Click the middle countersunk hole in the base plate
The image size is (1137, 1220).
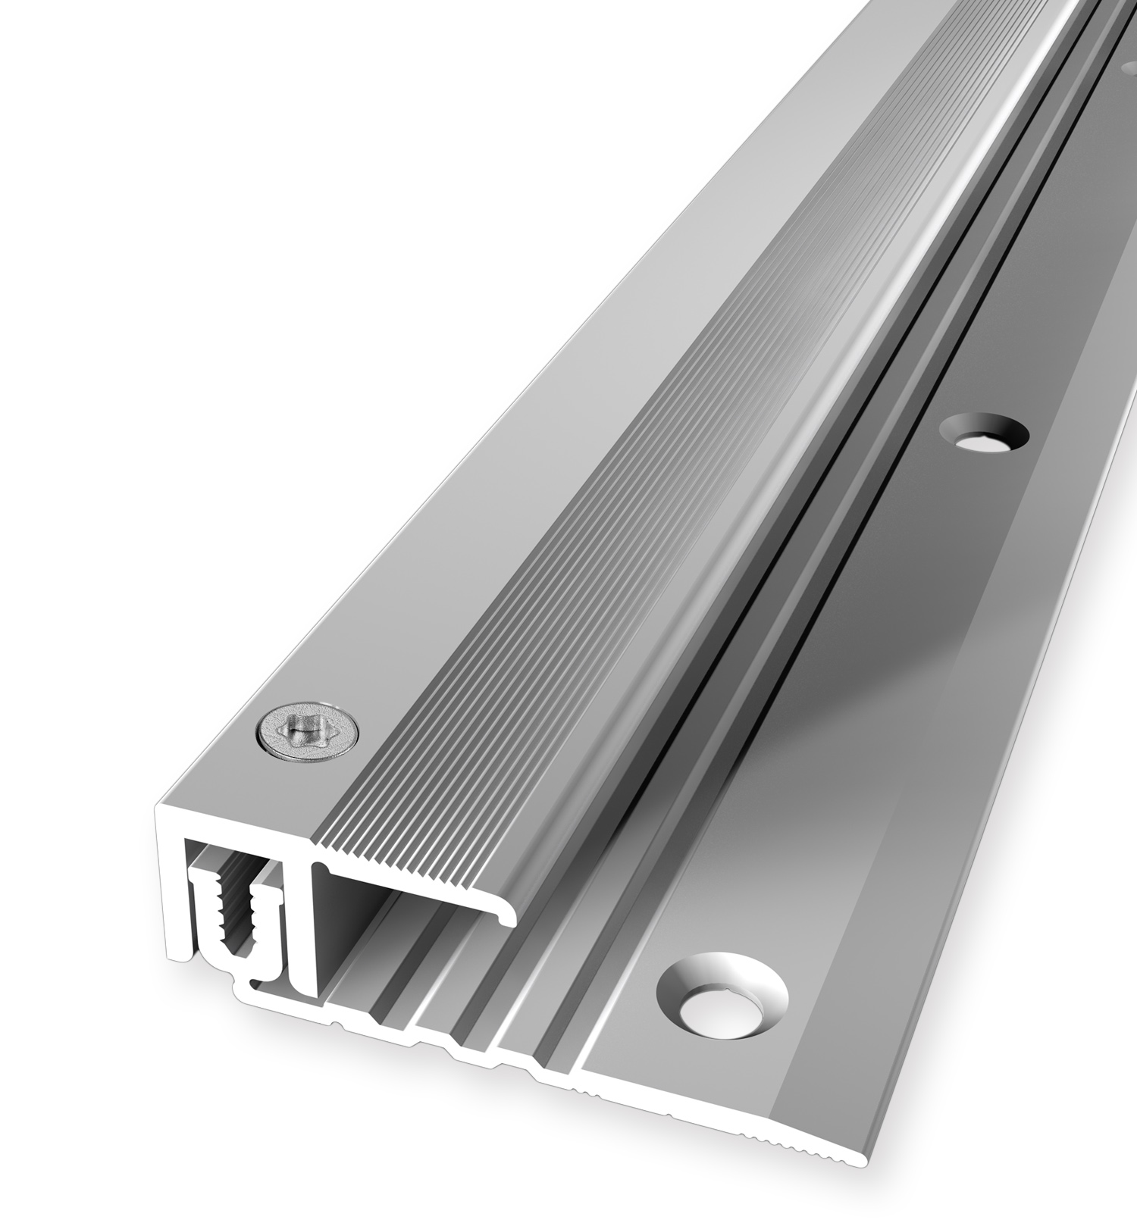983,436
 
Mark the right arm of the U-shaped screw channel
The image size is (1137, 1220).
273,928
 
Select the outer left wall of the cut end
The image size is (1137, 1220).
170,894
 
